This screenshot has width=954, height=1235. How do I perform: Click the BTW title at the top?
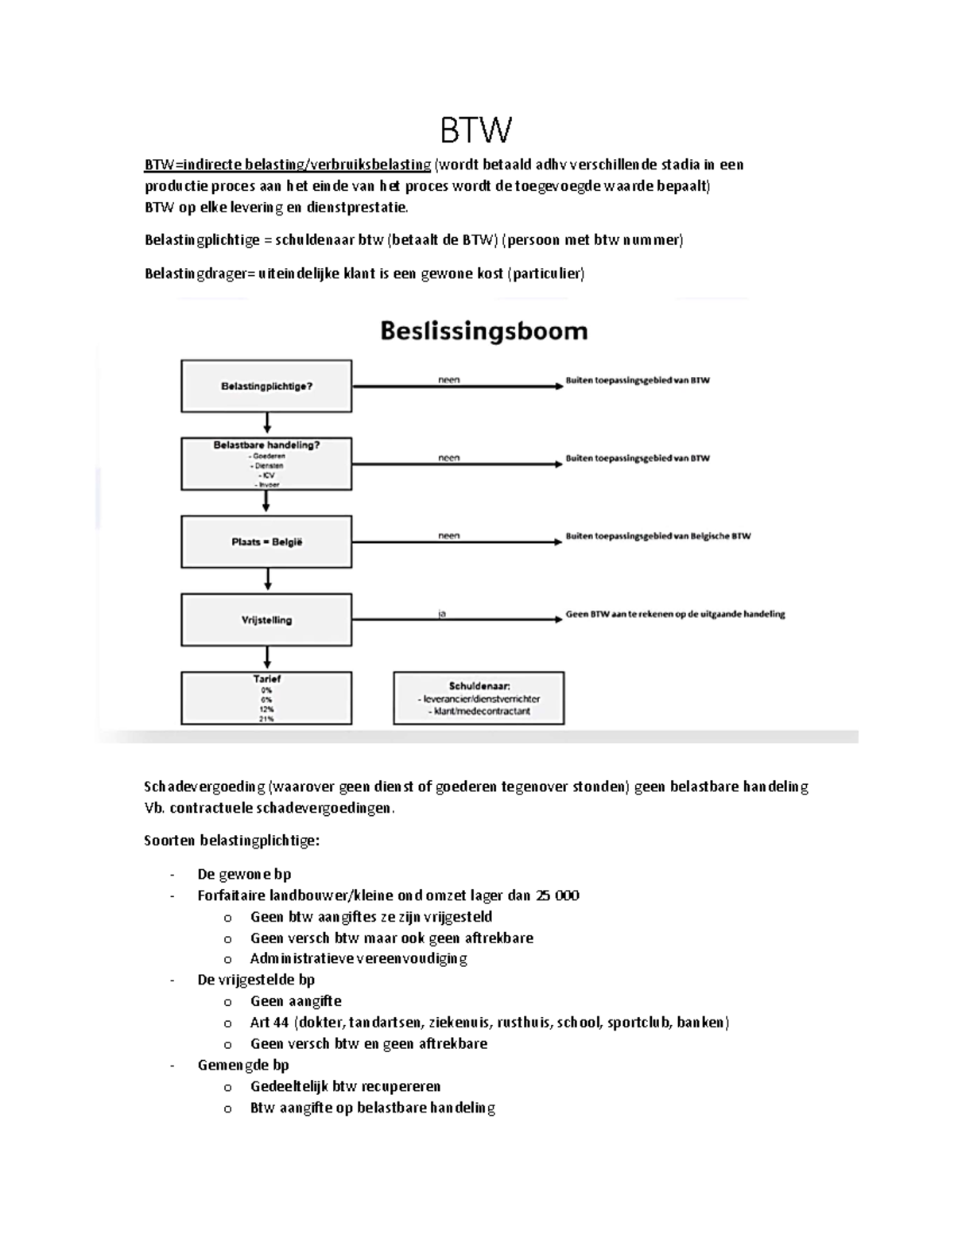pos(476,130)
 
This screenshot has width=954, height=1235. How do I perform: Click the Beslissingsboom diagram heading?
pos(483,331)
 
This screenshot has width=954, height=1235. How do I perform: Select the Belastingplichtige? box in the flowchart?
pos(266,386)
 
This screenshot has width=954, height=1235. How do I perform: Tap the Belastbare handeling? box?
pos(266,464)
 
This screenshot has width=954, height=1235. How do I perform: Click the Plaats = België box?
pos(266,542)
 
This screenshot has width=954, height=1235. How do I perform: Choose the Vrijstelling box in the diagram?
pos(266,619)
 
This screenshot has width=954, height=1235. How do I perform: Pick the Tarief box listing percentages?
pos(266,698)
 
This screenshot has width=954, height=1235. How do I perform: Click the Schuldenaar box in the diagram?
pos(479,698)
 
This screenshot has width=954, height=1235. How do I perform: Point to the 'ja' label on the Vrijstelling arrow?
pos(442,613)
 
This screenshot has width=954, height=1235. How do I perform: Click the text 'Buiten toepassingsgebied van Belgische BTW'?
pos(657,536)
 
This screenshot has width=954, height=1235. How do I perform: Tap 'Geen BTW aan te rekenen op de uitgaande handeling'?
pos(675,614)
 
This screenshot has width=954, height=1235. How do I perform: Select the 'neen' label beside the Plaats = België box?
pos(448,535)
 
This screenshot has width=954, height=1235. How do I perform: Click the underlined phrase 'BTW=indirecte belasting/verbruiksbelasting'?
pos(287,165)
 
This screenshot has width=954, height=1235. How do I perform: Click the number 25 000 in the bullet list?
pos(556,895)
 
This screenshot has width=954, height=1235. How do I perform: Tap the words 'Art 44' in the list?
pos(269,1022)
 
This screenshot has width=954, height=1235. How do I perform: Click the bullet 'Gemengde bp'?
pos(242,1065)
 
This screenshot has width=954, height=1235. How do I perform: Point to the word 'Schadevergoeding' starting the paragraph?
pos(204,786)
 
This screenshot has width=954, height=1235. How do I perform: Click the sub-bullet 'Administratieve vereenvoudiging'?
pos(359,958)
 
